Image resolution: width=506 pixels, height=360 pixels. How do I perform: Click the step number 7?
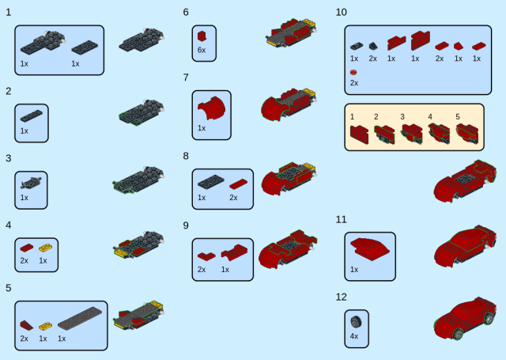pyautogui.click(x=186, y=78)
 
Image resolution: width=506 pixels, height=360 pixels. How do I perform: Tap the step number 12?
pyautogui.click(x=341, y=297)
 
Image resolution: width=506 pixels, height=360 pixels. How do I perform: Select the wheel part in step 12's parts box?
pyautogui.click(x=356, y=321)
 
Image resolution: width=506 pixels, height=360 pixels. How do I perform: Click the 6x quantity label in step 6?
pyautogui.click(x=202, y=50)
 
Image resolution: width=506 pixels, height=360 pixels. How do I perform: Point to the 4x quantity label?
pyautogui.click(x=354, y=336)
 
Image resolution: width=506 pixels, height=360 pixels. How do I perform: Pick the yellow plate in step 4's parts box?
pyautogui.click(x=46, y=248)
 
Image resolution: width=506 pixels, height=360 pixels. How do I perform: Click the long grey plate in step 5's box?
pyautogui.click(x=80, y=318)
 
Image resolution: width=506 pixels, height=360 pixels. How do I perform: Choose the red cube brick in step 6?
pyautogui.click(x=202, y=36)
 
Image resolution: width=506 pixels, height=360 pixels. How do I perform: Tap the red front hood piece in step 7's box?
pyautogui.click(x=211, y=108)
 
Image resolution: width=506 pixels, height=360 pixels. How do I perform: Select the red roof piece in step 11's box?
pyautogui.click(x=370, y=249)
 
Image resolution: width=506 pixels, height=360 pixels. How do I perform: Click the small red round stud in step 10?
pyautogui.click(x=353, y=72)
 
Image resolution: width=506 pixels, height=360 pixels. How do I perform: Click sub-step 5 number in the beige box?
pyautogui.click(x=458, y=116)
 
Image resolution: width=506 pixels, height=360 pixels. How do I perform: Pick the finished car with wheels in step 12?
pyautogui.click(x=465, y=319)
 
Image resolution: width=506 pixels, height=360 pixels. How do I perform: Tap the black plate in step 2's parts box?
pyautogui.click(x=32, y=116)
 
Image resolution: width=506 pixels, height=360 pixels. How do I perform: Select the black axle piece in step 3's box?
pyautogui.click(x=31, y=183)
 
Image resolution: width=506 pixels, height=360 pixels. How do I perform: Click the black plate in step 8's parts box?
pyautogui.click(x=211, y=182)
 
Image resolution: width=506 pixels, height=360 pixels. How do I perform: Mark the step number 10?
pyautogui.click(x=341, y=13)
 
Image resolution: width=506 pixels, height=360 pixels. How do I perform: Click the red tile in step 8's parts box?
pyautogui.click(x=239, y=184)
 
